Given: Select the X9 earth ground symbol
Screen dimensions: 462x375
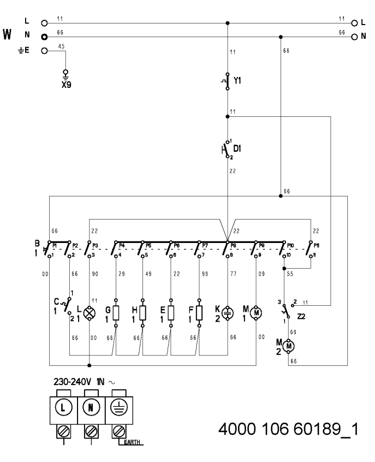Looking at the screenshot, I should [x=66, y=73].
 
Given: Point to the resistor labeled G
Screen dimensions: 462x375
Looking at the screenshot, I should [x=116, y=313].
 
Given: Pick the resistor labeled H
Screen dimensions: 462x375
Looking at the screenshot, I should [x=142, y=313].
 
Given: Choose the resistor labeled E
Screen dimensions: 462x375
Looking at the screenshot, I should [x=171, y=313].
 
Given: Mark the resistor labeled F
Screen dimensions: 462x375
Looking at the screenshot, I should [x=199, y=313].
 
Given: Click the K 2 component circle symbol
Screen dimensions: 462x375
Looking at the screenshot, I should [x=227, y=313].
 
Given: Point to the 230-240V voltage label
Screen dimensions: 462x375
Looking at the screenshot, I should [x=70, y=381].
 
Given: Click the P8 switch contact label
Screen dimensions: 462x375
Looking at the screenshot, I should [x=232, y=246].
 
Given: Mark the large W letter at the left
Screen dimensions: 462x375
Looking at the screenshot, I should [x=8, y=34].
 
